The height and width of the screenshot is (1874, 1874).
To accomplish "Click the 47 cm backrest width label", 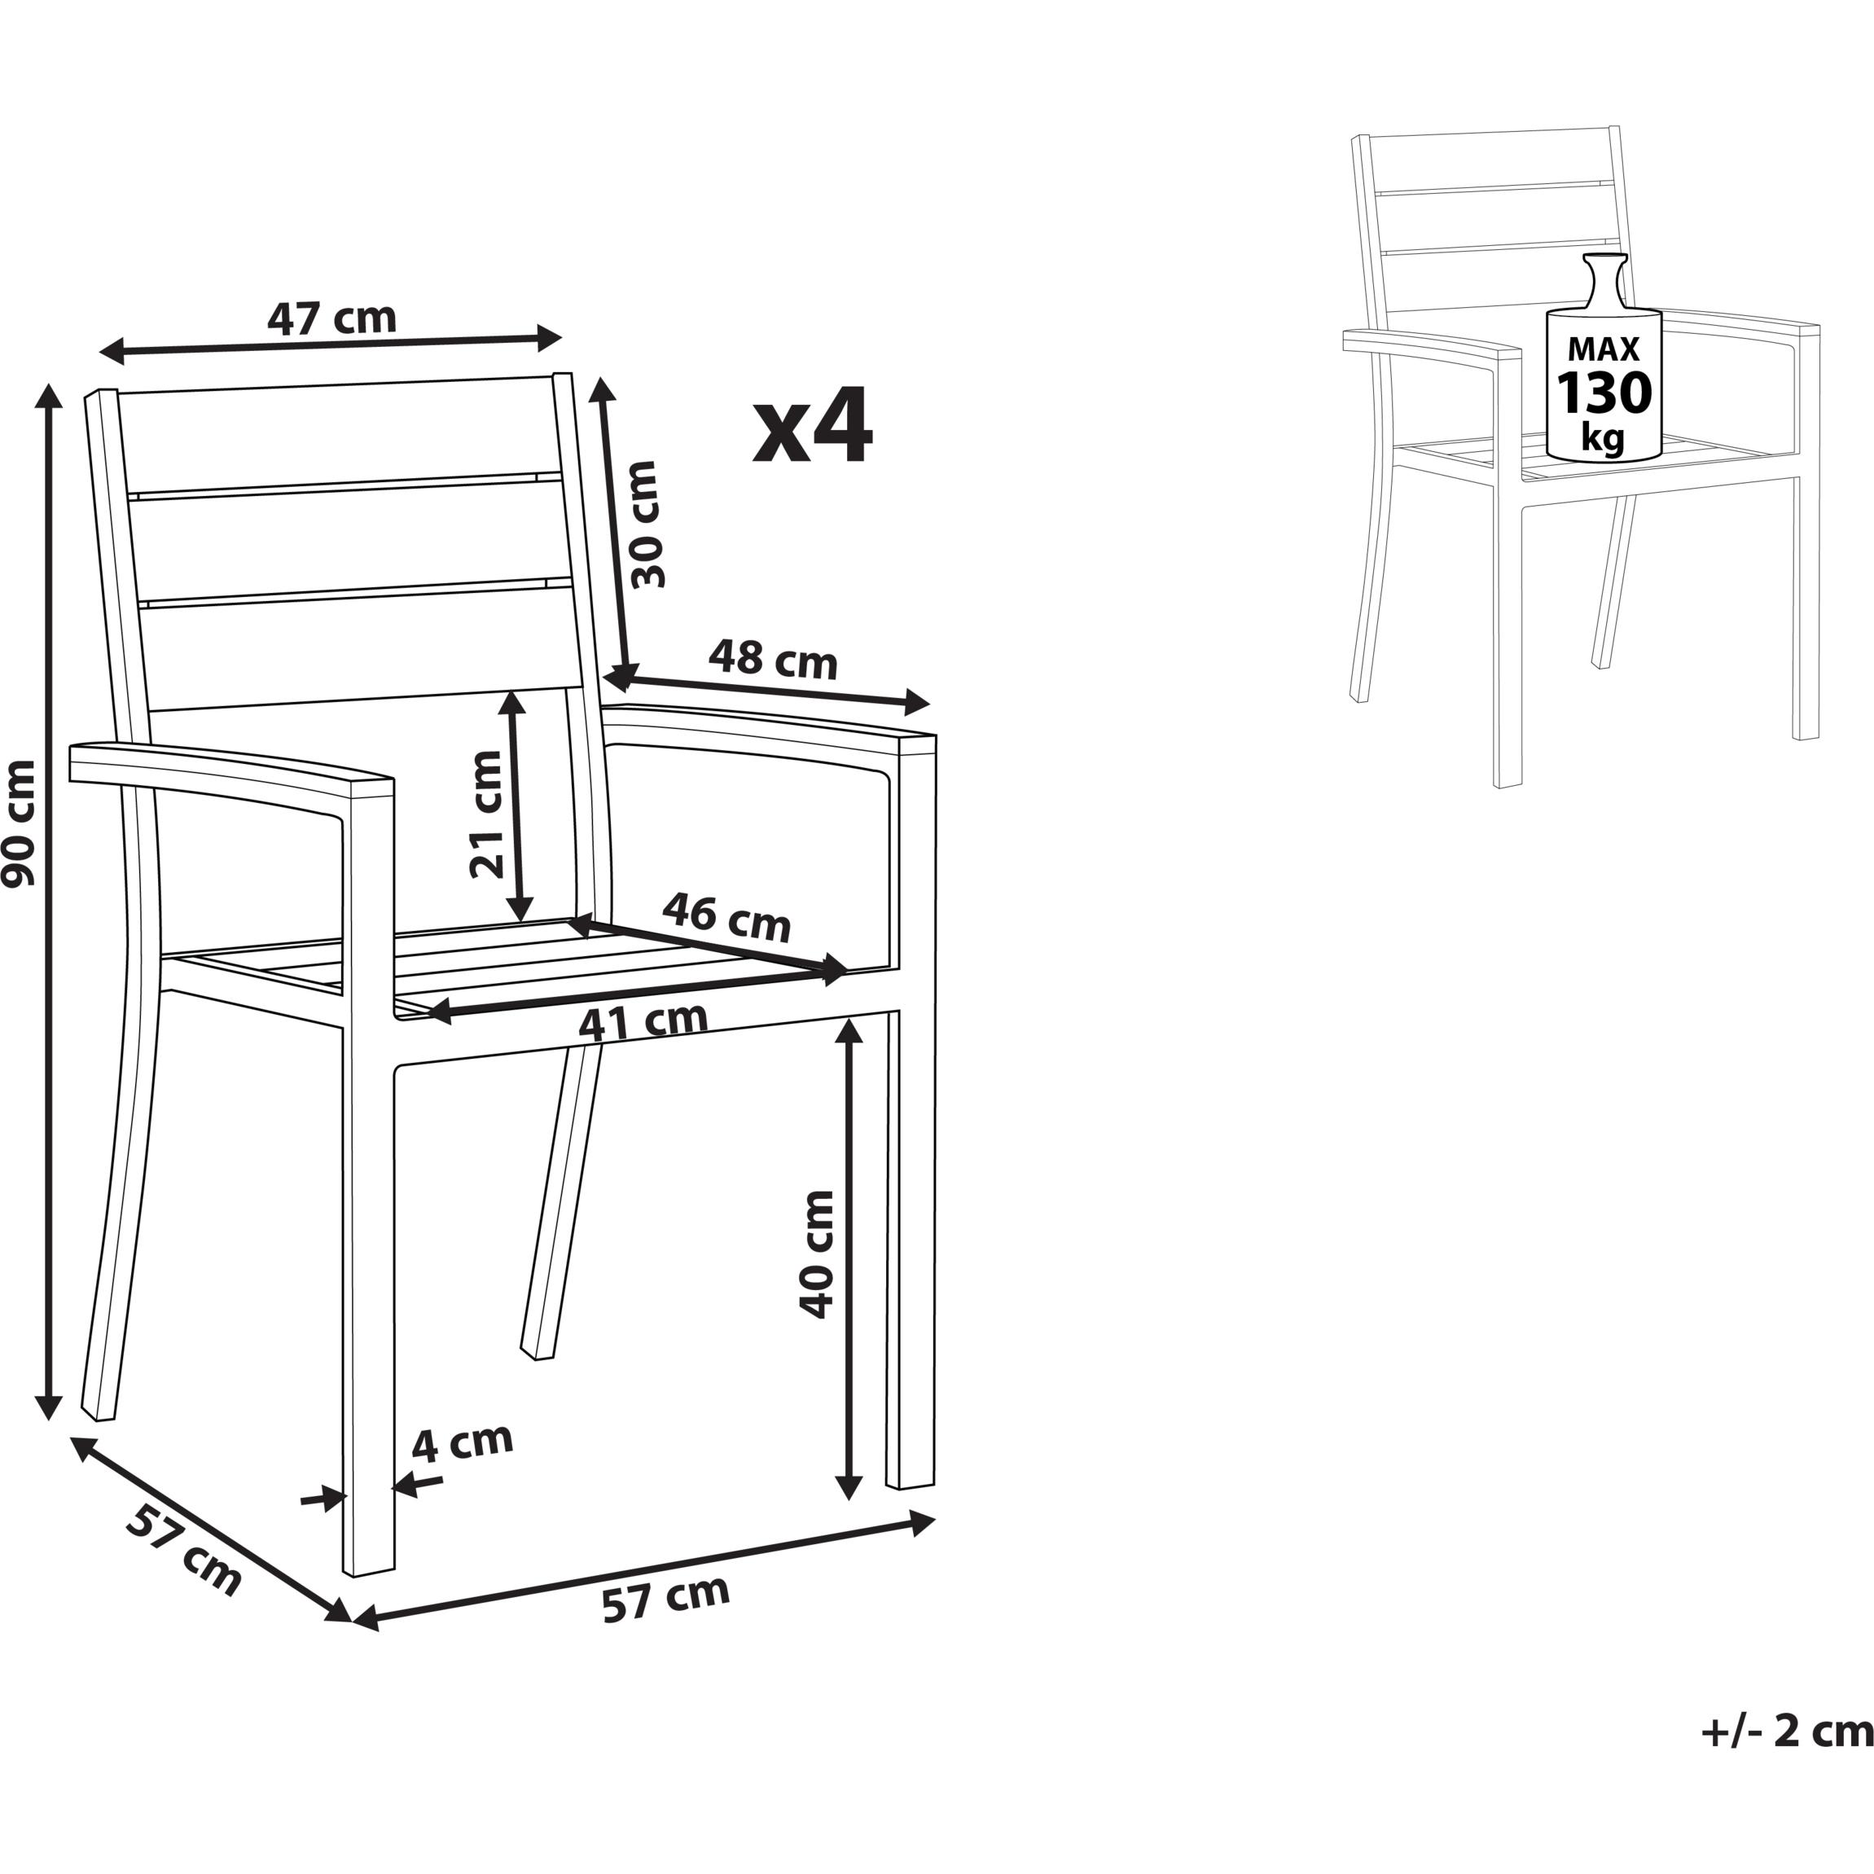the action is click(x=331, y=318).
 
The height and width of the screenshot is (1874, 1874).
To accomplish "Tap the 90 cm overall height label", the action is click(x=20, y=823).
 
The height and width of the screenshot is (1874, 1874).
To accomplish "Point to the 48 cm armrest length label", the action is click(x=772, y=660).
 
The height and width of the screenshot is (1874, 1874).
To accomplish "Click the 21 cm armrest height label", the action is click(x=486, y=814).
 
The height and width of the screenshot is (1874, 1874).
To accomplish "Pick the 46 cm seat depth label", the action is click(x=726, y=916).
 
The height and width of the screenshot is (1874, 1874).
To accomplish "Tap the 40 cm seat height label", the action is click(x=816, y=1253).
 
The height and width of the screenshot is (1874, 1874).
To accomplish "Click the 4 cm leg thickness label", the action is click(x=462, y=1443).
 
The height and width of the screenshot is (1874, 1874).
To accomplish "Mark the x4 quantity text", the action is click(x=813, y=426).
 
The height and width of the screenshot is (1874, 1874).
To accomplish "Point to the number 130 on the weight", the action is click(x=1604, y=393).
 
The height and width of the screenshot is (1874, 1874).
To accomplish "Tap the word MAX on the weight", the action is click(x=1604, y=349).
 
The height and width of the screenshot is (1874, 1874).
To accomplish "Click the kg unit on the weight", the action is click(x=1603, y=438).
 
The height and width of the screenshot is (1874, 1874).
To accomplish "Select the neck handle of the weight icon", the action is click(x=1604, y=281).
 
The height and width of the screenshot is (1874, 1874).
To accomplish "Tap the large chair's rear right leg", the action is click(x=564, y=1204).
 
